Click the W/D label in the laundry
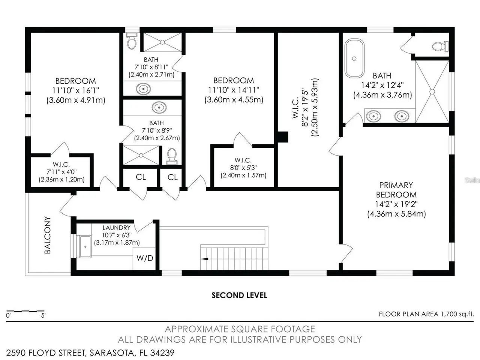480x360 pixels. pos(145,258)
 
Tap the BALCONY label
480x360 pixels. pos(48,235)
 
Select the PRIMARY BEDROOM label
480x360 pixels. pos(396,190)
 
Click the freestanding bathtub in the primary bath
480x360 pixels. pos(354,58)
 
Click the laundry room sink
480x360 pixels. pos(85,247)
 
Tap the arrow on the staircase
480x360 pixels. pos(204,259)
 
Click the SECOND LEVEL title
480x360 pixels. pos(239,295)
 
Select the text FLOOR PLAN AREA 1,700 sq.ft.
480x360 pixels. pos(426,314)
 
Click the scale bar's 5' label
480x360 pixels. pos(43,315)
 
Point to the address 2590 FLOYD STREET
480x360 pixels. pos(45,353)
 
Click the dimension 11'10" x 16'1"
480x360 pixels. pos(76,90)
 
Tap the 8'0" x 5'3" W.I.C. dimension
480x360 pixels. pos(243,168)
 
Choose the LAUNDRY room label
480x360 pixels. pos(117,228)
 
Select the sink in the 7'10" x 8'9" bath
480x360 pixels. pos(159,108)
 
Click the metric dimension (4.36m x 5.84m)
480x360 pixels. pos(396,214)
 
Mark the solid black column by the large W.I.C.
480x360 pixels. pos(283,137)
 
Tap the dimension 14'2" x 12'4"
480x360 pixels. pos(382,85)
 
